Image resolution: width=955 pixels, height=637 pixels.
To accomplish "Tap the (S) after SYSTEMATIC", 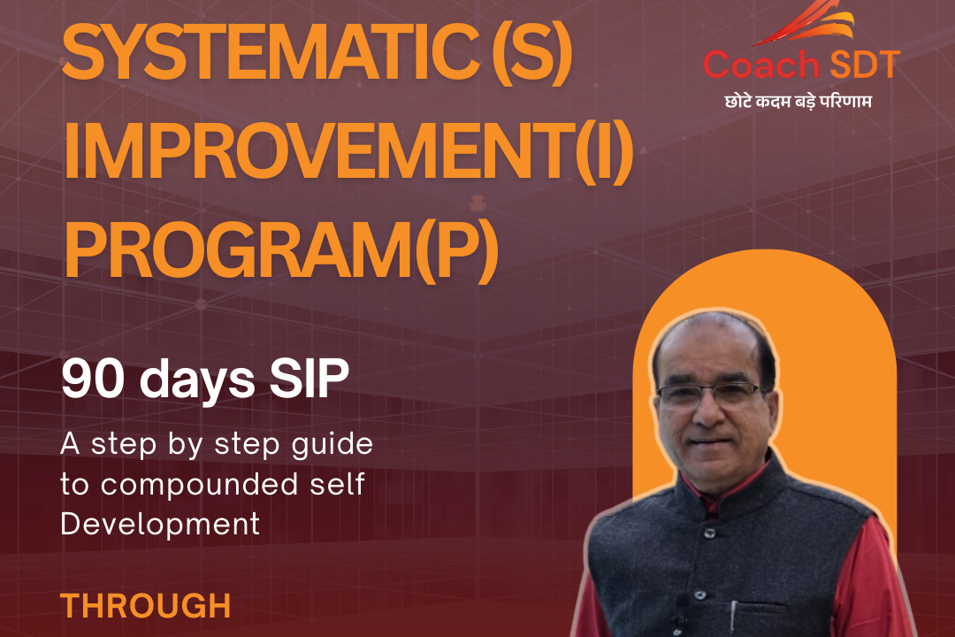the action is [x=531, y=52].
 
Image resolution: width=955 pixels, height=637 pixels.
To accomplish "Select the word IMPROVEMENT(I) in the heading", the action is [x=349, y=150].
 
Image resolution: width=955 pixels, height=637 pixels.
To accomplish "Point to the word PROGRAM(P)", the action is [x=281, y=249].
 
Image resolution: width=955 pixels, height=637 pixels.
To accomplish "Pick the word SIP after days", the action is [x=309, y=379].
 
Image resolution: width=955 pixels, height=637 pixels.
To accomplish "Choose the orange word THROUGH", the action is [x=146, y=606].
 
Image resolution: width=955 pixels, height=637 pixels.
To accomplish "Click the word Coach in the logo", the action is [x=761, y=64].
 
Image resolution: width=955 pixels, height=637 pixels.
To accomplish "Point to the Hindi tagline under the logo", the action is [x=798, y=101].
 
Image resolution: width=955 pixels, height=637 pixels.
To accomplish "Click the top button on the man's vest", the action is [x=709, y=533].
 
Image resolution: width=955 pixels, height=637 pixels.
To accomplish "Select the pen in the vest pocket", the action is [x=734, y=615].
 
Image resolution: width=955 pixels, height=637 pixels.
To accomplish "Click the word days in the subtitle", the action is [x=196, y=380].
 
